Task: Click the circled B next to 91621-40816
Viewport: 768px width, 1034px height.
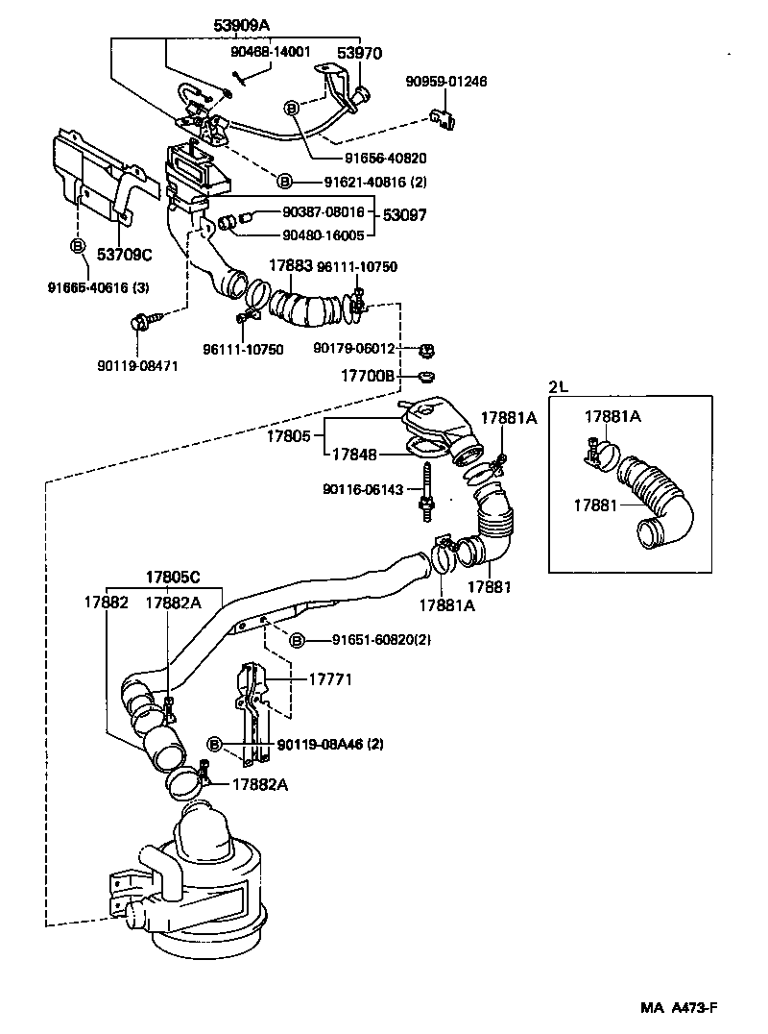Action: point(284,181)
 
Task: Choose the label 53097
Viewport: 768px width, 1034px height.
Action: point(406,216)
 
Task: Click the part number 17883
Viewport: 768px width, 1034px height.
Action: point(289,266)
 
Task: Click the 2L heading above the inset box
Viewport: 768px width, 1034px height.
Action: point(558,387)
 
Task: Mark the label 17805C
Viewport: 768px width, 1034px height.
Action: point(173,577)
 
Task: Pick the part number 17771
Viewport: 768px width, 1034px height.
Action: point(330,678)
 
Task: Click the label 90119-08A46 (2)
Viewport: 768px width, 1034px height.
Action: point(330,744)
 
